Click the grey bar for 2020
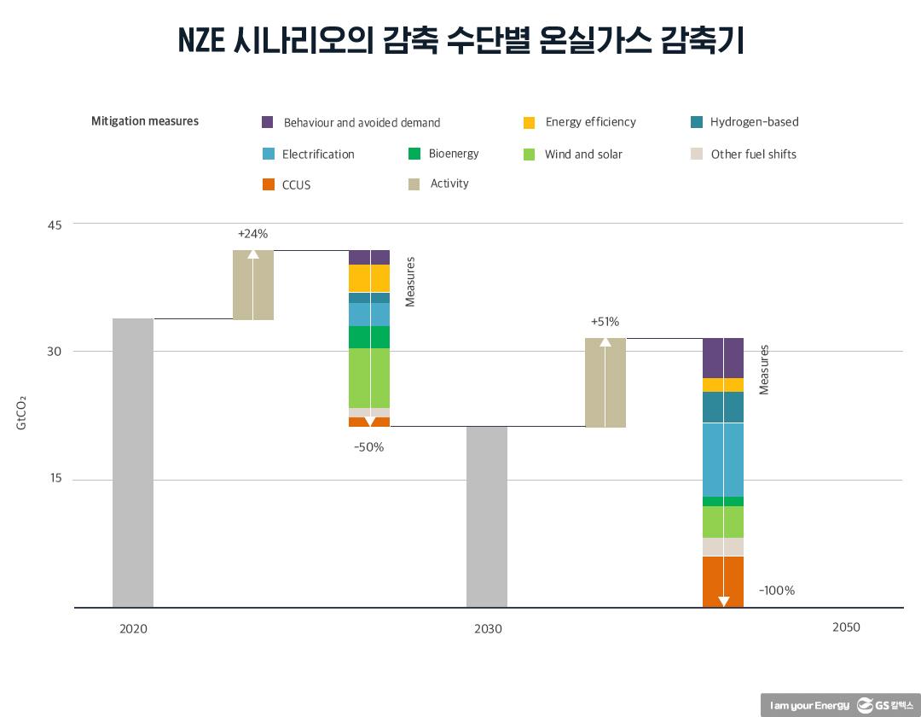click(133, 463)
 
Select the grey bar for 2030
click(487, 516)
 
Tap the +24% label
click(253, 233)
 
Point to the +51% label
click(605, 322)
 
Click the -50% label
click(368, 446)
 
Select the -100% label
click(776, 591)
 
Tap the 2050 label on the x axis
click(846, 627)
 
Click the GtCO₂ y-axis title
click(21, 411)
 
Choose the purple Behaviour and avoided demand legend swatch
click(268, 122)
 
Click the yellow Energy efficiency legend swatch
click(530, 122)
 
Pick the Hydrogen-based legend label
click(754, 122)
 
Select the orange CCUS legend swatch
click(268, 184)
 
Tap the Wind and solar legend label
click(583, 154)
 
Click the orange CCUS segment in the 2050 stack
click(723, 580)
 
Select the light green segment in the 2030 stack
click(369, 377)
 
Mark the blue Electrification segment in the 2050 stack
click(723, 459)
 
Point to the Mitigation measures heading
click(145, 121)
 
